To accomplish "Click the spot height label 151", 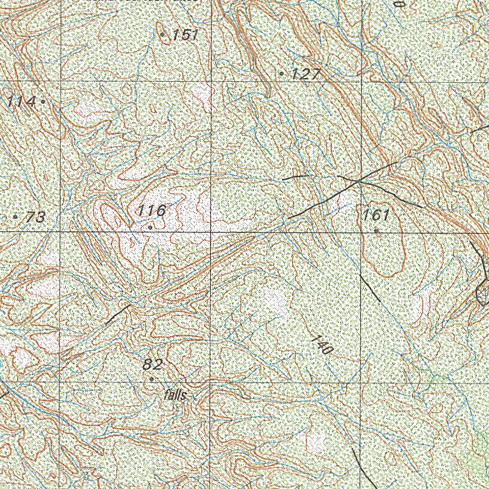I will click(185, 35).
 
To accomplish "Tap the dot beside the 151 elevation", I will click(162, 34).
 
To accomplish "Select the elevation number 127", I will click(308, 74).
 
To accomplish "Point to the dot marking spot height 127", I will click(282, 74).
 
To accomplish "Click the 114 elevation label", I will click(21, 102).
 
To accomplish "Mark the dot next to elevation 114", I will click(43, 101).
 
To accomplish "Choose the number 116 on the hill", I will click(152, 210).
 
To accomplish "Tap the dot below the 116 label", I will click(150, 228).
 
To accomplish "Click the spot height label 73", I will click(35, 218).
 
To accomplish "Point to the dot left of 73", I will click(15, 217).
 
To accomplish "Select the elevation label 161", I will click(376, 215).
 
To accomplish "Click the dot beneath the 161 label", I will click(376, 231).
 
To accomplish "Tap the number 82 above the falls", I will click(153, 365).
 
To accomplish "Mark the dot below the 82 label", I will click(152, 379).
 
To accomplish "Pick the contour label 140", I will click(321, 345).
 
